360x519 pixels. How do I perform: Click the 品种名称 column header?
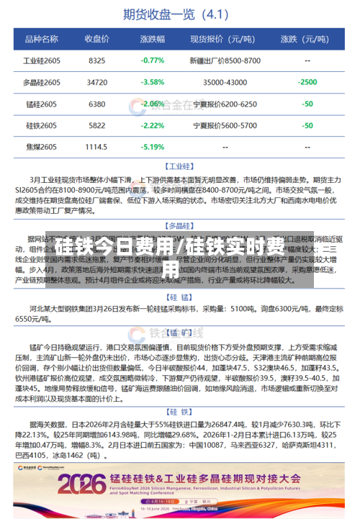[41, 39]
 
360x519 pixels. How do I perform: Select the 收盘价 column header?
[96, 39]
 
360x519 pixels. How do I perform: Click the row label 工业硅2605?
[41, 60]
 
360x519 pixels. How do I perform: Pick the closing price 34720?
[96, 82]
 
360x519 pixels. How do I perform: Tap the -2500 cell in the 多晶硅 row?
[307, 82]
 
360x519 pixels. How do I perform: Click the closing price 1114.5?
[96, 147]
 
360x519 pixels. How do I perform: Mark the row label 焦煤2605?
[41, 147]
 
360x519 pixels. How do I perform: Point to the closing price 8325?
[96, 60]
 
